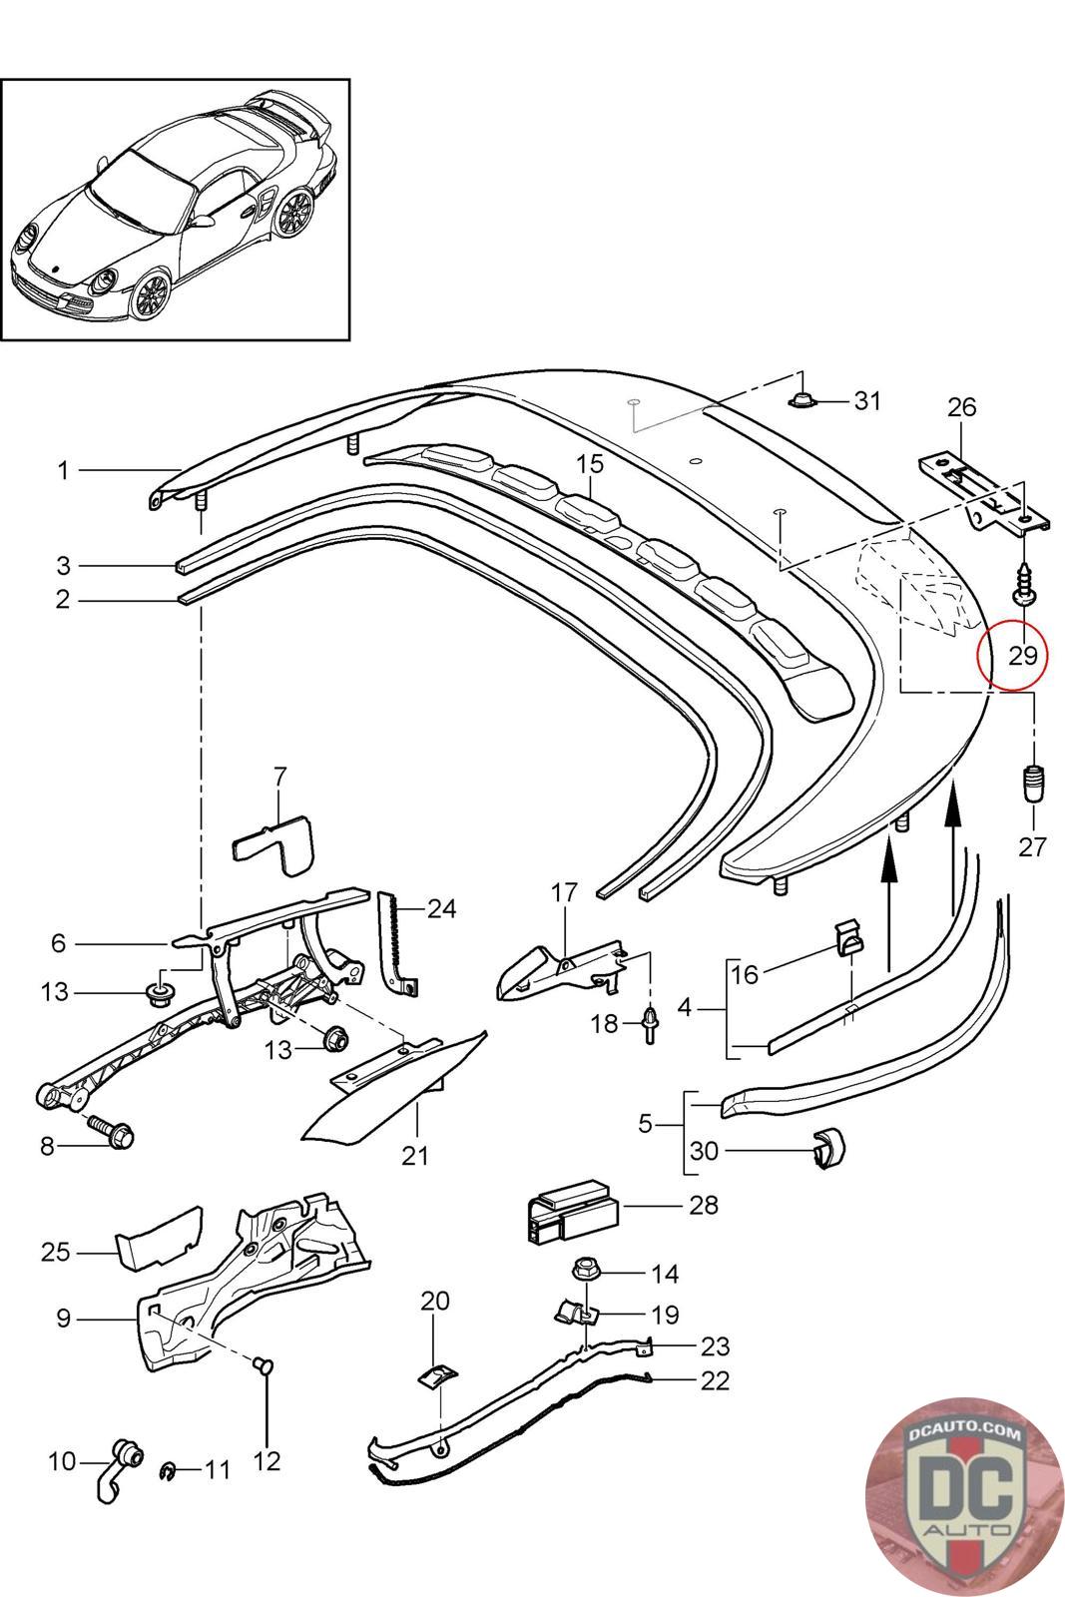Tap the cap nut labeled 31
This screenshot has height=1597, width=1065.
801,401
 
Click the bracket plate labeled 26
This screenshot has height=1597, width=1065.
983,493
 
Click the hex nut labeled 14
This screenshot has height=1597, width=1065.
584,1272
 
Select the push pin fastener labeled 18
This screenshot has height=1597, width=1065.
651,1022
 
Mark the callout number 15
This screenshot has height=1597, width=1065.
590,463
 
